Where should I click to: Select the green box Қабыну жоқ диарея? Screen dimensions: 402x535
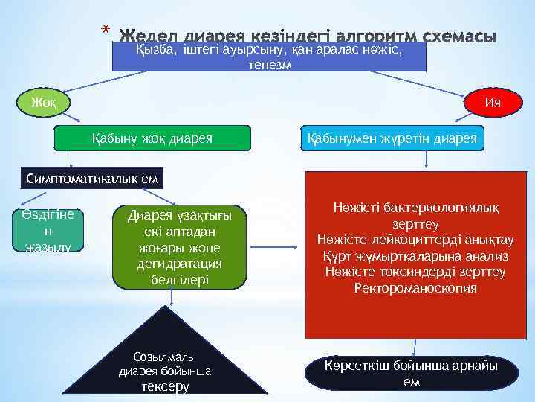(152, 138)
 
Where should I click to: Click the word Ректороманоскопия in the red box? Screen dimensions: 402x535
(415, 287)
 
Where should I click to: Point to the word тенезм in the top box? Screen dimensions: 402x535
(269, 65)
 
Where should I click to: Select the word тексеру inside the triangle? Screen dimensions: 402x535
(165, 386)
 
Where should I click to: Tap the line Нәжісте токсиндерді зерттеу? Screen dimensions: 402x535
(415, 272)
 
